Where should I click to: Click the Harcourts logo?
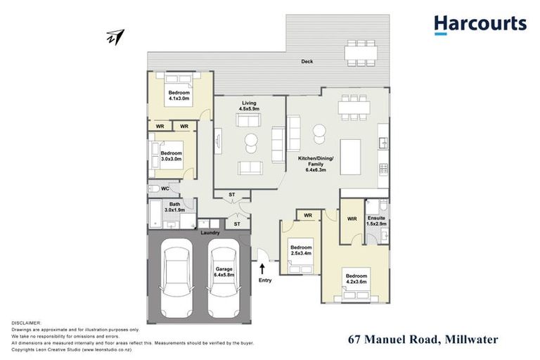480,25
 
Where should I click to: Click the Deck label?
307,62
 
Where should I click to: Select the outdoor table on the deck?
360,51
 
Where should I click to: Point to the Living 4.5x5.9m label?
249,105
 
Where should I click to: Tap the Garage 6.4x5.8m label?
225,272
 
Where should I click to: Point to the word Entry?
265,281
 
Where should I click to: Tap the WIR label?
352,219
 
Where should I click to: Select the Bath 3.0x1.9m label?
174,207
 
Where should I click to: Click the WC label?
165,188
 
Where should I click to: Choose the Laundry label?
210,233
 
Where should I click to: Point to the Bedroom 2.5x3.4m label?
301,252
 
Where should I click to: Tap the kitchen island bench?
350,156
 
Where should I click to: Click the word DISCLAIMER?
27,323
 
